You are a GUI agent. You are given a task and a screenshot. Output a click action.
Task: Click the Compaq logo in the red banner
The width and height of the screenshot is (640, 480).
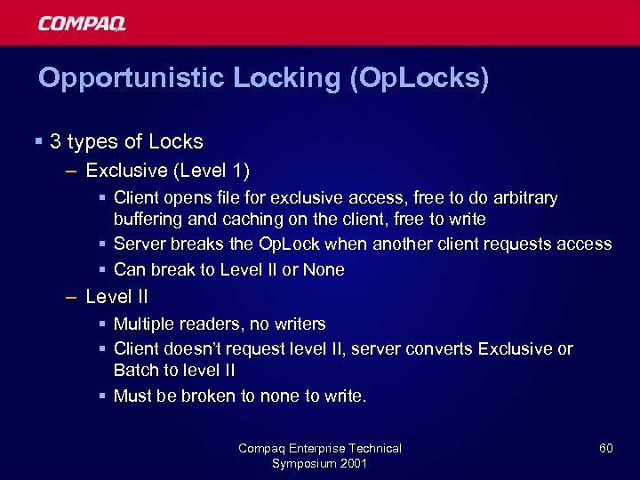[x=82, y=22]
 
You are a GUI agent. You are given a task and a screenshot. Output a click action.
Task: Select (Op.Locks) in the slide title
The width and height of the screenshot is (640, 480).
[x=420, y=78]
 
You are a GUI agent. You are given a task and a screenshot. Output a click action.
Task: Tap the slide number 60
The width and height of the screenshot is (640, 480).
[x=605, y=448]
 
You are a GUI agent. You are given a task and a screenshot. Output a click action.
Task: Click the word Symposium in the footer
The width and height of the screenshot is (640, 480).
[x=303, y=463]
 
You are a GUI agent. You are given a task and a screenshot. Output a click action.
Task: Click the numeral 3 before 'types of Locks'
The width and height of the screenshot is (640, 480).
[x=55, y=141]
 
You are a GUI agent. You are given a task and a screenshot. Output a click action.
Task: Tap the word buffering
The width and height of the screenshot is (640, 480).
[x=147, y=219]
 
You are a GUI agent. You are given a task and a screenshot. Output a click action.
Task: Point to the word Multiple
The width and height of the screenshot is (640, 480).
[x=144, y=324]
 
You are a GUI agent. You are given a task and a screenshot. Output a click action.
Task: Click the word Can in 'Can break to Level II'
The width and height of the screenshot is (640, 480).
[x=129, y=268]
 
